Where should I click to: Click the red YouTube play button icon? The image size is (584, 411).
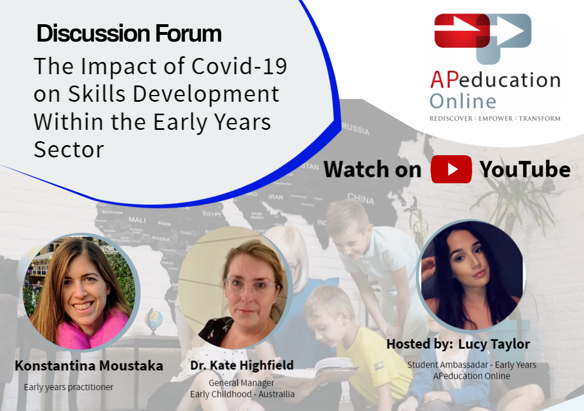pos(451,169)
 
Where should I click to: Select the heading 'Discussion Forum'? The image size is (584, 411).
pos(129,34)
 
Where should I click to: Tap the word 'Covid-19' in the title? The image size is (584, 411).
pos(239,66)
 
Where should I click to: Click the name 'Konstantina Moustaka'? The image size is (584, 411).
pos(89,365)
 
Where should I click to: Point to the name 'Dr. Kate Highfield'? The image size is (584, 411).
pos(242,365)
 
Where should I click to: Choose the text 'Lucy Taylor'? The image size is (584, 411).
pos(494,344)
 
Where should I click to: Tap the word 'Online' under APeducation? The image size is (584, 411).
pos(463,101)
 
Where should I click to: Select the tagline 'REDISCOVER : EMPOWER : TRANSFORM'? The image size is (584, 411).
pos(495,119)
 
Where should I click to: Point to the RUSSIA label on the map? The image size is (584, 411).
pos(356,129)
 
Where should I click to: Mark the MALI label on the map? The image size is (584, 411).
pos(137,219)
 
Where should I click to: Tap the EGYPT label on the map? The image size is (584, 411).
pos(212,214)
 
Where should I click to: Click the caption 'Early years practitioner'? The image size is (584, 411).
pos(69,387)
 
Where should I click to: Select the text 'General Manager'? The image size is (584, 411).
pos(241,383)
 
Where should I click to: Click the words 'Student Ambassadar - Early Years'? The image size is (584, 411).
pos(472,365)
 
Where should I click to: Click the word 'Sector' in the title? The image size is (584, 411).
pos(69,150)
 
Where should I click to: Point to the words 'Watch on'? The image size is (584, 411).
pos(373,170)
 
